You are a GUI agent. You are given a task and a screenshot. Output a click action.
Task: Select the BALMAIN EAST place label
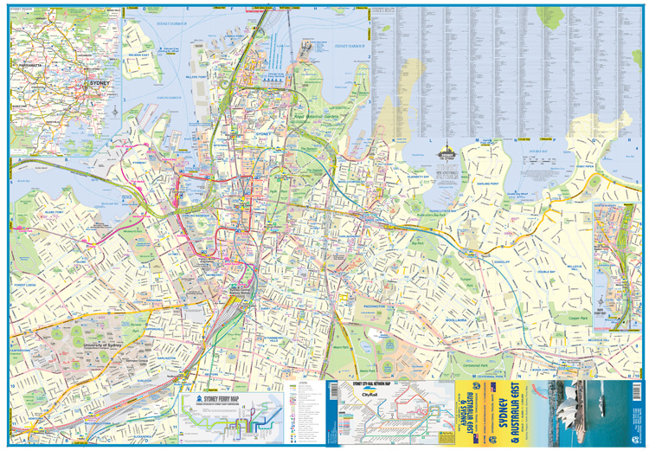(138, 55)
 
